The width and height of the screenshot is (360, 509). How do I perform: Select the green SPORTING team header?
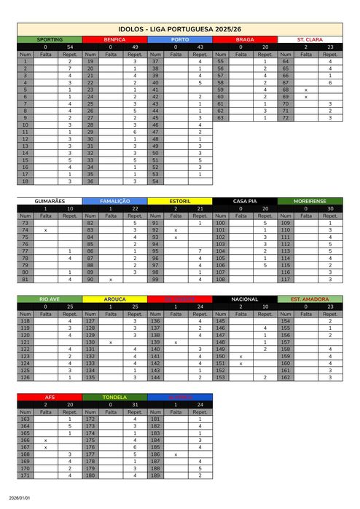pos(50,39)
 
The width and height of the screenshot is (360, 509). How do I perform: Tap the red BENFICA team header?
pos(114,39)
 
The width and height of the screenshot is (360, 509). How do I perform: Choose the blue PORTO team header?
pos(179,39)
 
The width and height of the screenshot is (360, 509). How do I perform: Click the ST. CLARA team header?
pos(310,39)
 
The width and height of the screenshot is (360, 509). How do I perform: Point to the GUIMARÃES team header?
pos(50,200)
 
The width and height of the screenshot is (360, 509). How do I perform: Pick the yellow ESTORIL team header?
pos(179,200)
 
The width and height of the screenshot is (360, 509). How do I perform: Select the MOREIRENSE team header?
pos(310,200)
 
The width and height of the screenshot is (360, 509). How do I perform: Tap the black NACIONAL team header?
pos(244,299)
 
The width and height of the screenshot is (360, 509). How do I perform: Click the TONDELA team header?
pos(114,397)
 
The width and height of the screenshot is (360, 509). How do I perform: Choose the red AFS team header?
pos(50,397)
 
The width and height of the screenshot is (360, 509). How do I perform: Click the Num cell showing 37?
pos(155,62)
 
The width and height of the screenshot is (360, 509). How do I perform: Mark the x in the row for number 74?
pos(46,230)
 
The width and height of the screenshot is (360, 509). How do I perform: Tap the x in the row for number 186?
pos(176,454)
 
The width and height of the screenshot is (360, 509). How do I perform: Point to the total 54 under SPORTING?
pos(70,47)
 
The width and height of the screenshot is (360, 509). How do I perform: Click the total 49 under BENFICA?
pos(135,47)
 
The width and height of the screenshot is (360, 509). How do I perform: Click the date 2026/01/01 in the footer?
pos(20,499)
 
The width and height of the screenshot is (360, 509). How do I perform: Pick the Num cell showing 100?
pos(220,223)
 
